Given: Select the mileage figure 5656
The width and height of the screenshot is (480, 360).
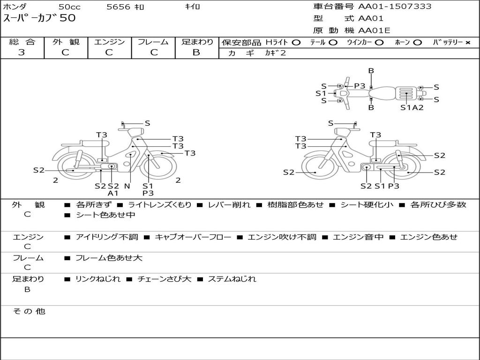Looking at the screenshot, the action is click(119, 7).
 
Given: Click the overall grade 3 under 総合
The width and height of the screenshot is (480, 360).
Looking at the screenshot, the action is click(22, 52).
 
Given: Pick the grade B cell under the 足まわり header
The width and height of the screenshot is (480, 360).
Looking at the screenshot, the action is click(196, 52).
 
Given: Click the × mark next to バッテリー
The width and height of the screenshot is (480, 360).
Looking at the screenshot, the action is click(467, 43).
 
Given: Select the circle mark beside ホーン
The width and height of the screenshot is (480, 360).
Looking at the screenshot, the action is click(418, 43).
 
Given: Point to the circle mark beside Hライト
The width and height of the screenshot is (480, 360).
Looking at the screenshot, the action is click(296, 43).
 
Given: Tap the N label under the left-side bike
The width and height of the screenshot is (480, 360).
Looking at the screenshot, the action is click(127, 186).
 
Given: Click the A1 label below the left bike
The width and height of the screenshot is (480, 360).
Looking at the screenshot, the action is click(113, 193).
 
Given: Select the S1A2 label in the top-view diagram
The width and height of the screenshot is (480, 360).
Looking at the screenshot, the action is click(412, 107).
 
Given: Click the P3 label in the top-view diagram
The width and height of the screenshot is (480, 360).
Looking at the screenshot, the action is click(360, 86).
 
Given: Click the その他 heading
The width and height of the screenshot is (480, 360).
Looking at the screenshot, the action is click(29, 311).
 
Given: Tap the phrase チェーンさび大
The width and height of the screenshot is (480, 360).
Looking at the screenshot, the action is click(164, 279).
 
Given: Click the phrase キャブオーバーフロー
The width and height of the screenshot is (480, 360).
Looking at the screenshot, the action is click(193, 237).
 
